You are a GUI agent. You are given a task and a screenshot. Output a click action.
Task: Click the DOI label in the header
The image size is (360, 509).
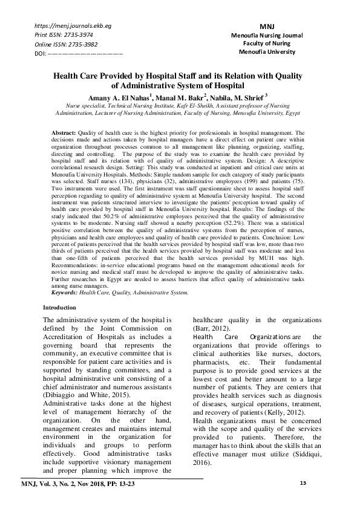(x=41, y=53)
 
